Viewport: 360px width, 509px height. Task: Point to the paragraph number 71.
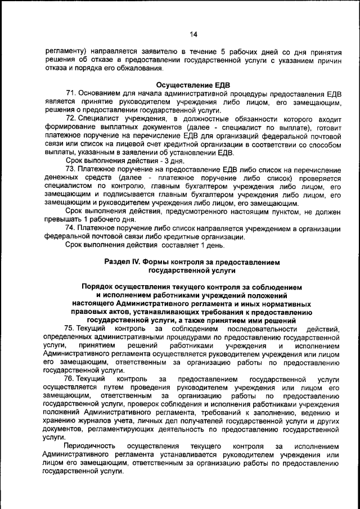(70, 93)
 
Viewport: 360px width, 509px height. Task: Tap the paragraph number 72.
(70, 119)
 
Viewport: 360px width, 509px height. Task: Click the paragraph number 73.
(70, 169)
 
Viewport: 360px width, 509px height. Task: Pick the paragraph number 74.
(70, 228)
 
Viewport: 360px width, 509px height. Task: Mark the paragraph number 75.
(70, 328)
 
